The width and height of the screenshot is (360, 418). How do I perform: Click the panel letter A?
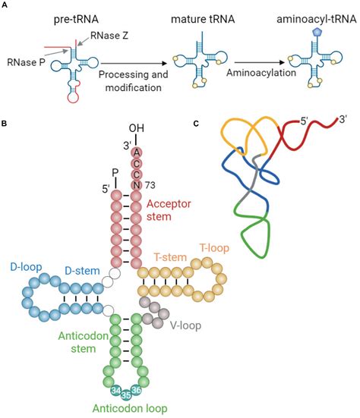(6, 5)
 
